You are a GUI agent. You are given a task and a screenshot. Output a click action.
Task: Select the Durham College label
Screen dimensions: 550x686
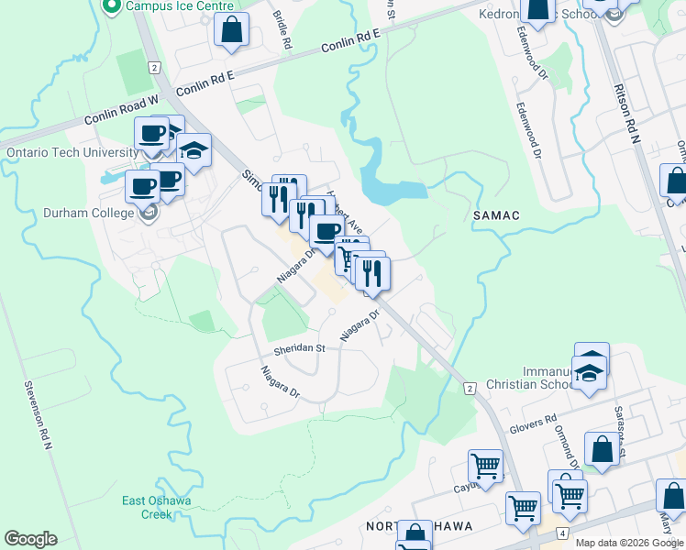click(88, 214)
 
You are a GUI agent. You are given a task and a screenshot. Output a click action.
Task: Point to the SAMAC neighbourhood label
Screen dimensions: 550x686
click(496, 215)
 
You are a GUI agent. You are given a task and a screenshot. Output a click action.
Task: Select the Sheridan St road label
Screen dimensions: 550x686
click(299, 348)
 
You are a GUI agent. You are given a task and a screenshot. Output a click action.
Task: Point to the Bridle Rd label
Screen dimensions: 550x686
click(282, 30)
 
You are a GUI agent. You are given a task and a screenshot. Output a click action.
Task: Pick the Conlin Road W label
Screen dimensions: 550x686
click(123, 109)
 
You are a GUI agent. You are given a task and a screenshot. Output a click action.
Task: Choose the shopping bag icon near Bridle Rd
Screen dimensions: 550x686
click(232, 30)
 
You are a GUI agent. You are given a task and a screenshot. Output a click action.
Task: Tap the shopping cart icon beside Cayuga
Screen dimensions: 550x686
click(484, 465)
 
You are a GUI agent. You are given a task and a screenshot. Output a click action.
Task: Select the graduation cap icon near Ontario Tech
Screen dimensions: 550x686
click(194, 149)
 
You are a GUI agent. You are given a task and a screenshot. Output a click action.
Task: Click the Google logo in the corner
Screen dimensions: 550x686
click(30, 539)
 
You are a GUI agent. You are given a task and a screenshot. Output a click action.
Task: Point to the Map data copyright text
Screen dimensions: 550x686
click(628, 543)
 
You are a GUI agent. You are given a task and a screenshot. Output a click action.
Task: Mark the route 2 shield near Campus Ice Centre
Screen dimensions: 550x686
click(153, 67)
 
